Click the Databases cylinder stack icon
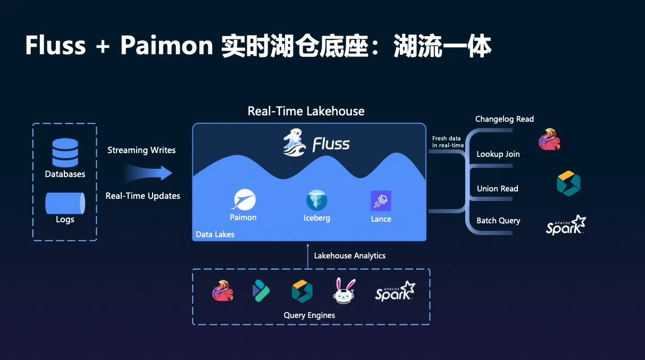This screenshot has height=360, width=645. tap(65, 153)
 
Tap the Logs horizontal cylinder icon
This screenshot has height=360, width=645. tap(65, 203)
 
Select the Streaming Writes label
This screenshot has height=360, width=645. tap(141, 150)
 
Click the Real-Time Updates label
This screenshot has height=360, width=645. tap(143, 196)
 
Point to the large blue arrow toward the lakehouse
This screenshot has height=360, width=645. tap(148, 173)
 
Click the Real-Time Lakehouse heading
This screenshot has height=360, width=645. tap(306, 111)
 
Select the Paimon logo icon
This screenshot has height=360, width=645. tap(244, 200)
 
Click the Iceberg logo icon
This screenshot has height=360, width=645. tap(317, 200)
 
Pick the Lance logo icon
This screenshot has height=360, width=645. tap(381, 200)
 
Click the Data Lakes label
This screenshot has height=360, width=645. tap(215, 234)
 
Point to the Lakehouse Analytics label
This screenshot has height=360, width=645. tap(349, 256)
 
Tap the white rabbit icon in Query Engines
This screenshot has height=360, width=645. tap(345, 291)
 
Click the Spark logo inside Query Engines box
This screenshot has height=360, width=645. tap(395, 291)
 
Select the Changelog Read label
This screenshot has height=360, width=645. tap(504, 119)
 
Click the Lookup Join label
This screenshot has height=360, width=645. tap(498, 154)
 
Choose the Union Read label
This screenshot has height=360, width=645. tap(497, 189)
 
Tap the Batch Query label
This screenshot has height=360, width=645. tap(498, 221)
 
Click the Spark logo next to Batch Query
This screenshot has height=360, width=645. tap(566, 225)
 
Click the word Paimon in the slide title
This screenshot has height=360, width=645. tap(166, 47)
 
